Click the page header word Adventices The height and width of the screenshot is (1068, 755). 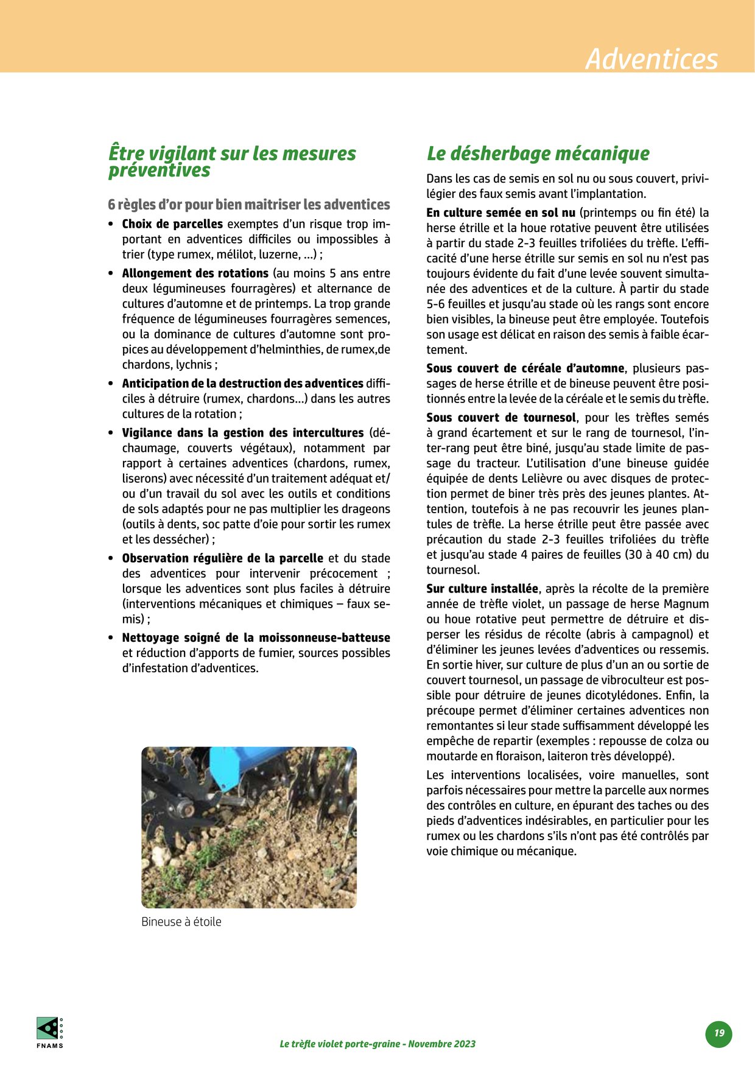(651, 59)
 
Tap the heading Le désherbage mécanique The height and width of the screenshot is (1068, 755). (538, 153)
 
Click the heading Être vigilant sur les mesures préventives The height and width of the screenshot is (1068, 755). (231, 161)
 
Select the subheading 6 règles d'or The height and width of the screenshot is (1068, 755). (248, 205)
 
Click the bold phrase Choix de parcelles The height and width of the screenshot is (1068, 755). (172, 224)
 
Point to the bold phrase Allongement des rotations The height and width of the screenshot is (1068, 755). (195, 273)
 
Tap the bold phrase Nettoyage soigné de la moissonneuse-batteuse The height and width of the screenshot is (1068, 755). (256, 638)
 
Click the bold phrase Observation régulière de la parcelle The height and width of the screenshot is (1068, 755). (222, 558)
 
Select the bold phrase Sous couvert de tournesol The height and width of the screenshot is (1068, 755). (500, 418)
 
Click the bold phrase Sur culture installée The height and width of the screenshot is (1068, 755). (482, 589)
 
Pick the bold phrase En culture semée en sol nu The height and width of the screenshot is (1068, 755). (500, 213)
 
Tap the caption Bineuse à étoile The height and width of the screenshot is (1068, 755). (181, 922)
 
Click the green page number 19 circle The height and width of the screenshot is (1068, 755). (719, 1033)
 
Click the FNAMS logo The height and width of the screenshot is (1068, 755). (49, 1033)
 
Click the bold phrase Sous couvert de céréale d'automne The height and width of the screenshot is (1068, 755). (525, 368)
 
